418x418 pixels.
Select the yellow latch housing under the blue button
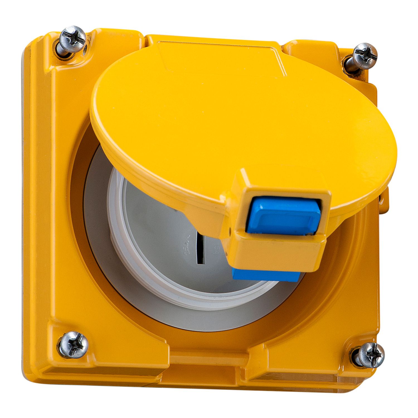pyautogui.click(x=279, y=251)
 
